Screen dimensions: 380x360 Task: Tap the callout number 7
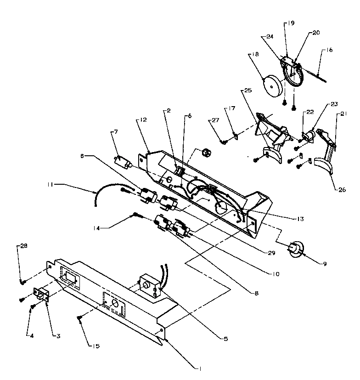pos(115,132)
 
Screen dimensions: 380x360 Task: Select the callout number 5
pos(225,339)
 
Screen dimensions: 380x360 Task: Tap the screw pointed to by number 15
pos(80,317)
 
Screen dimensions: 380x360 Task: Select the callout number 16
pos(330,50)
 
